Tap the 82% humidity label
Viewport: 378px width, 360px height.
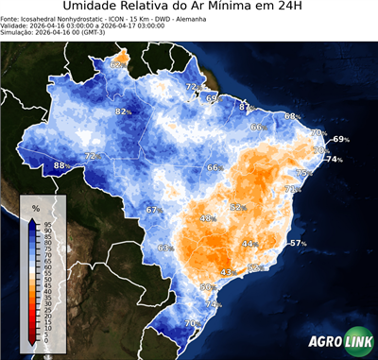(x=123, y=111)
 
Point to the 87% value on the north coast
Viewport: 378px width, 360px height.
(x=246, y=108)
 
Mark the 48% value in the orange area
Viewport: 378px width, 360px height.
(x=207, y=218)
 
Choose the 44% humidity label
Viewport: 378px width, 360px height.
(x=249, y=244)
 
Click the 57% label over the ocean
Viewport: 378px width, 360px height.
(x=299, y=244)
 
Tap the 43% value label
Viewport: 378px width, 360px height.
(x=227, y=272)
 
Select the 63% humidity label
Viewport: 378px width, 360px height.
(x=165, y=248)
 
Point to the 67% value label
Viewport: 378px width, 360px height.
(x=154, y=210)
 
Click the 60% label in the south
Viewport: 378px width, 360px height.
(x=207, y=286)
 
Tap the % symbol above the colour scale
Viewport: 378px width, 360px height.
(x=35, y=207)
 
